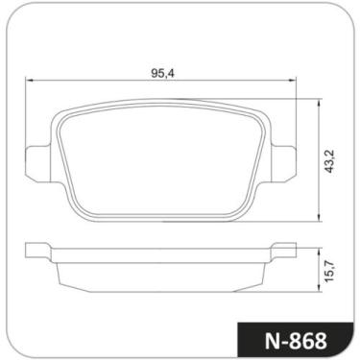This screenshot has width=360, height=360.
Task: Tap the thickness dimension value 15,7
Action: (331, 269)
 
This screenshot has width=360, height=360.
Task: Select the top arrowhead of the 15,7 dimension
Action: (320, 248)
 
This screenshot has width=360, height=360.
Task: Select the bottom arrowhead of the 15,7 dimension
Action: (320, 288)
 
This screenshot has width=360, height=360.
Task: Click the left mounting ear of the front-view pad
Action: (35, 156)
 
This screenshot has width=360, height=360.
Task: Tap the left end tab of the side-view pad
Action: (36, 252)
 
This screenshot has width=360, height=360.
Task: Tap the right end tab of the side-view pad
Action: (285, 252)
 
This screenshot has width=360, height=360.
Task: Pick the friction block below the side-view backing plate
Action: (161, 276)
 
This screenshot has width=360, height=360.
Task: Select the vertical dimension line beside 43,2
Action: (320, 182)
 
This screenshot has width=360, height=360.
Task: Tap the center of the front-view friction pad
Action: (161, 158)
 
